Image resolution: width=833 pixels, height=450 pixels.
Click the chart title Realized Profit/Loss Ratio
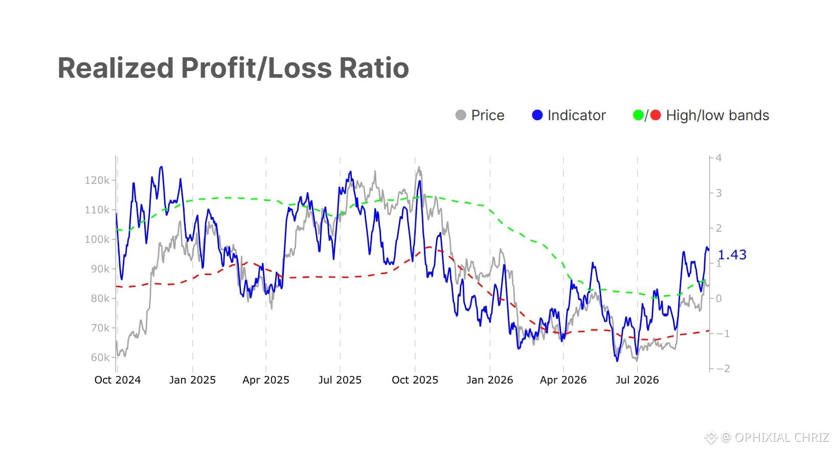pyautogui.click(x=233, y=68)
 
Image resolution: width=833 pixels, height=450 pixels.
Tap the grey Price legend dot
pyautogui.click(x=461, y=115)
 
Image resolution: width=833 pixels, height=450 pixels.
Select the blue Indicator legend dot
pyautogui.click(x=537, y=115)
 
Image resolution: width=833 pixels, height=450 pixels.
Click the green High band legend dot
pyautogui.click(x=638, y=115)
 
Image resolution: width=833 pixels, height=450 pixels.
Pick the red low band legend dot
pyautogui.click(x=656, y=115)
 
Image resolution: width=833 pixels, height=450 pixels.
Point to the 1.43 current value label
pyautogui.click(x=732, y=255)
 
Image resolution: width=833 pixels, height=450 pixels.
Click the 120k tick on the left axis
pyautogui.click(x=97, y=181)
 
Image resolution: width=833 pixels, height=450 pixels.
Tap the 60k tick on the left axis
pyautogui.click(x=100, y=357)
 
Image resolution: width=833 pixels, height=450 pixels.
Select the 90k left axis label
pyautogui.click(x=100, y=269)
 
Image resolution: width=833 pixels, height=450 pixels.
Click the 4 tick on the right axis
pyautogui.click(x=718, y=158)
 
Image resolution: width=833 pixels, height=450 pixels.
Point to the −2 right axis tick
pyautogui.click(x=722, y=369)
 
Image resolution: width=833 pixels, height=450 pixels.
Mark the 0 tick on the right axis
pyautogui.click(x=718, y=298)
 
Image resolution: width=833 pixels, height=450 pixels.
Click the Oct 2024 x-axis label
pyautogui.click(x=118, y=380)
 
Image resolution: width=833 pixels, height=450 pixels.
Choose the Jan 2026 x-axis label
pyautogui.click(x=490, y=380)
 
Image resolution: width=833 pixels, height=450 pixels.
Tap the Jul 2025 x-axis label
pyautogui.click(x=340, y=380)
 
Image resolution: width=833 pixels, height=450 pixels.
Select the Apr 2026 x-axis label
pyautogui.click(x=563, y=380)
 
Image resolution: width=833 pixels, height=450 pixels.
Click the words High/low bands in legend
pyautogui.click(x=717, y=115)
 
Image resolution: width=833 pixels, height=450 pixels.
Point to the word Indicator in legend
pyautogui.click(x=577, y=115)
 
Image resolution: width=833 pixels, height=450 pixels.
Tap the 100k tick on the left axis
pyautogui.click(x=97, y=239)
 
